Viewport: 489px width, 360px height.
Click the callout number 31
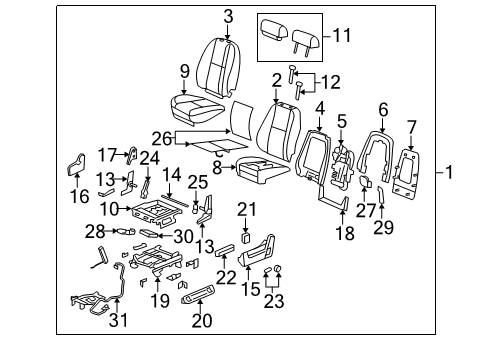coord(118,320)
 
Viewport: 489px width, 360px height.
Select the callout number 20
coord(202,320)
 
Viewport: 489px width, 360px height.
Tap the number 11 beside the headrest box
coord(342,35)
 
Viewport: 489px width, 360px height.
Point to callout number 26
coord(162,138)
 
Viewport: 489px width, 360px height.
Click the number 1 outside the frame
coord(449,172)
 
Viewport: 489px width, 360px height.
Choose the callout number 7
coord(412,127)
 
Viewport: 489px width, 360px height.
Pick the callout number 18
coord(345,233)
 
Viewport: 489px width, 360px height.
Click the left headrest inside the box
coord(274,29)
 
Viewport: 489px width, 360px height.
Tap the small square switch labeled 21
coord(246,238)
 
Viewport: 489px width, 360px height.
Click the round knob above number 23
coord(278,268)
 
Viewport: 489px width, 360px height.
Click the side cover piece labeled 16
coord(76,165)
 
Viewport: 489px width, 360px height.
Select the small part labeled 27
coord(365,181)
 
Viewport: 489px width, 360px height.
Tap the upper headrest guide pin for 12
coord(292,74)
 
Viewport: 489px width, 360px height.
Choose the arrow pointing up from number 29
coord(382,211)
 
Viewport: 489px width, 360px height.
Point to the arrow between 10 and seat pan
coord(125,209)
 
